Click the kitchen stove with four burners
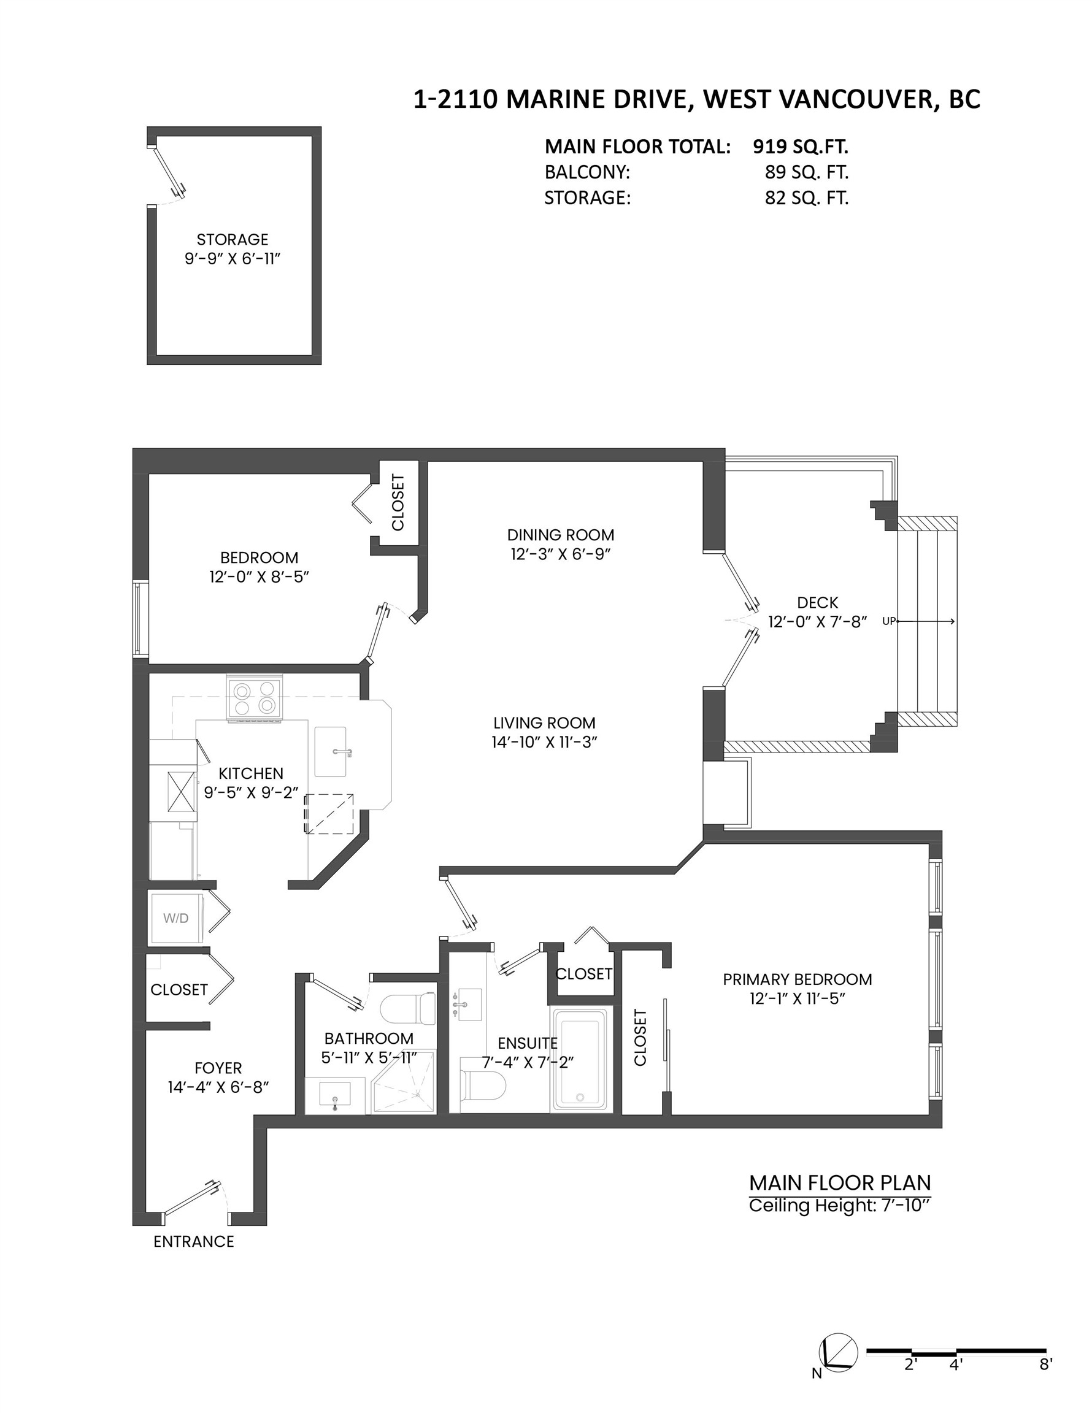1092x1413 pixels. (x=255, y=698)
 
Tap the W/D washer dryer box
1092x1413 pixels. (x=177, y=918)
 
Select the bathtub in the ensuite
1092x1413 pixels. (x=580, y=1063)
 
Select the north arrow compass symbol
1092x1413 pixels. (x=838, y=1354)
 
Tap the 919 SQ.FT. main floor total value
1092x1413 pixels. (x=800, y=147)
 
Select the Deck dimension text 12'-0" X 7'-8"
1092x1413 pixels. (x=817, y=622)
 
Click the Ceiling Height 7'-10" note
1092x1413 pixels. (x=840, y=1206)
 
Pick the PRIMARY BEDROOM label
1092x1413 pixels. (x=797, y=979)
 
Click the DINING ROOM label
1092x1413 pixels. (x=560, y=535)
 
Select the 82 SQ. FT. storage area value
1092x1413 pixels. (x=806, y=197)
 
